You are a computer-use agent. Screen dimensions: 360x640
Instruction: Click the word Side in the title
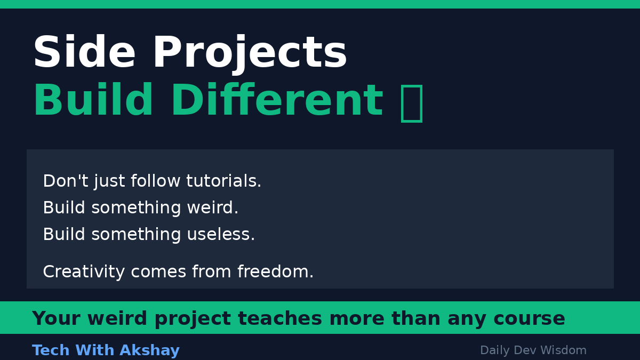click(x=84, y=53)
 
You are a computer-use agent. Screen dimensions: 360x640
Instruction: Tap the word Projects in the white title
click(x=250, y=53)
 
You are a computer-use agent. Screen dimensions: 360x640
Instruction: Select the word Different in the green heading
click(x=276, y=101)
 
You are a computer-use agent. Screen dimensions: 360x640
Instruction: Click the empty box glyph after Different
click(x=411, y=102)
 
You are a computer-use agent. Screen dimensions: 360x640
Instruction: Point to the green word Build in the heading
click(x=93, y=101)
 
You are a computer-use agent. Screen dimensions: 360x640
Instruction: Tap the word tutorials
click(x=223, y=181)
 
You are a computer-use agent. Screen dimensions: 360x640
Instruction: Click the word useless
click(x=221, y=235)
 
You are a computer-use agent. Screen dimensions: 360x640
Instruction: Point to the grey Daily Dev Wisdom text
click(x=533, y=350)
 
